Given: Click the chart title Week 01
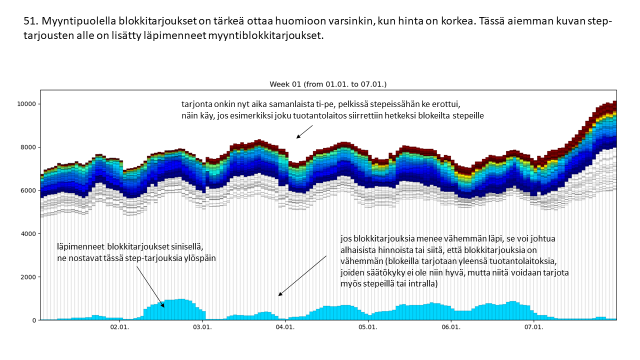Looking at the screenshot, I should pos(328,84).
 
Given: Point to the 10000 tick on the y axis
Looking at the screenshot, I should pos(26,104).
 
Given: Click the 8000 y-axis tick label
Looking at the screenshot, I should pos(28,147).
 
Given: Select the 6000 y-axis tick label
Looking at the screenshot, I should pos(28,190).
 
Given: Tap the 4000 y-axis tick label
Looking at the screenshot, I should pos(28,234).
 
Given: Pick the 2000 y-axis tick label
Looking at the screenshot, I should pos(28,277).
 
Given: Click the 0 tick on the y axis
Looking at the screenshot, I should pos(34,320).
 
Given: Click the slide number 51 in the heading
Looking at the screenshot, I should pos(30,22).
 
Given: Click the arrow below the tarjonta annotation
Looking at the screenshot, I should pos(304,131).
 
